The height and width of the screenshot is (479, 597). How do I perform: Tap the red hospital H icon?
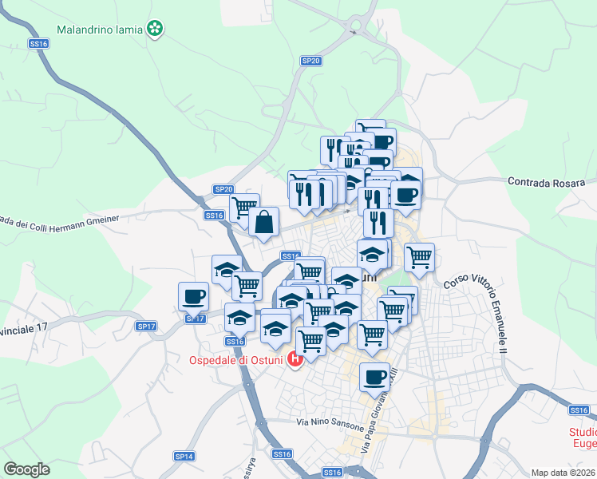295,360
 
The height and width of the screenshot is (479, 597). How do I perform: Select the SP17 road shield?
146,326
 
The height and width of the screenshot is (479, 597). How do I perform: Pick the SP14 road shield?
184,456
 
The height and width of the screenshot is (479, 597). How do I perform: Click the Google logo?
26,469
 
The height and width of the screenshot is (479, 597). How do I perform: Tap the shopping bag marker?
263,222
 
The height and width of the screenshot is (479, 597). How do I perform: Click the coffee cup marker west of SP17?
193,297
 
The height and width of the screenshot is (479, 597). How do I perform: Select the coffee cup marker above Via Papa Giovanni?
374,378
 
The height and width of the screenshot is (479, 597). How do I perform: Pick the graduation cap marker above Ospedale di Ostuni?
275,327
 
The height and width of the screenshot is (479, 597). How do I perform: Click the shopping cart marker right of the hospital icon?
310,341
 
